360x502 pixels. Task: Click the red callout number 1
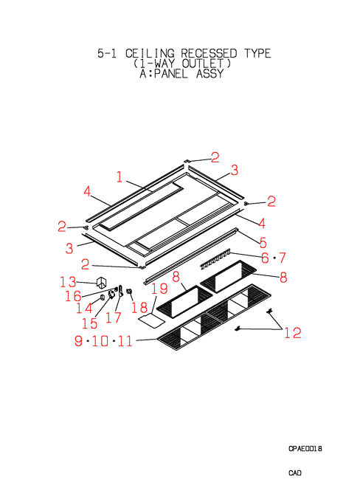click(x=120, y=176)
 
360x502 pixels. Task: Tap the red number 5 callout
click(x=263, y=243)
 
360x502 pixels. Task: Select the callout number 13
click(x=68, y=282)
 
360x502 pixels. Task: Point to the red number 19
click(x=159, y=289)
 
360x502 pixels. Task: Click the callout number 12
click(x=293, y=333)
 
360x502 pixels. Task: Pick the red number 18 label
click(x=139, y=308)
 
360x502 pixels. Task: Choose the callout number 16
click(x=73, y=296)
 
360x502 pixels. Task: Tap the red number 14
click(x=84, y=309)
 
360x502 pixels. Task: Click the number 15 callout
click(x=89, y=323)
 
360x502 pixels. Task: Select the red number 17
click(x=114, y=317)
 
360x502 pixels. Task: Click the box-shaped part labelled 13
click(x=102, y=283)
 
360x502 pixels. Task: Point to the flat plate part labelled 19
click(x=151, y=321)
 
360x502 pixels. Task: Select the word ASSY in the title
click(x=210, y=74)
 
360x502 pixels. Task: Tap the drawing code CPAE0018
click(x=305, y=449)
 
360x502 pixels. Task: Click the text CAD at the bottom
click(x=295, y=473)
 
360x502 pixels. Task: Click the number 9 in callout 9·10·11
click(x=78, y=340)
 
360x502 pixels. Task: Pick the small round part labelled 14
click(x=102, y=298)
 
